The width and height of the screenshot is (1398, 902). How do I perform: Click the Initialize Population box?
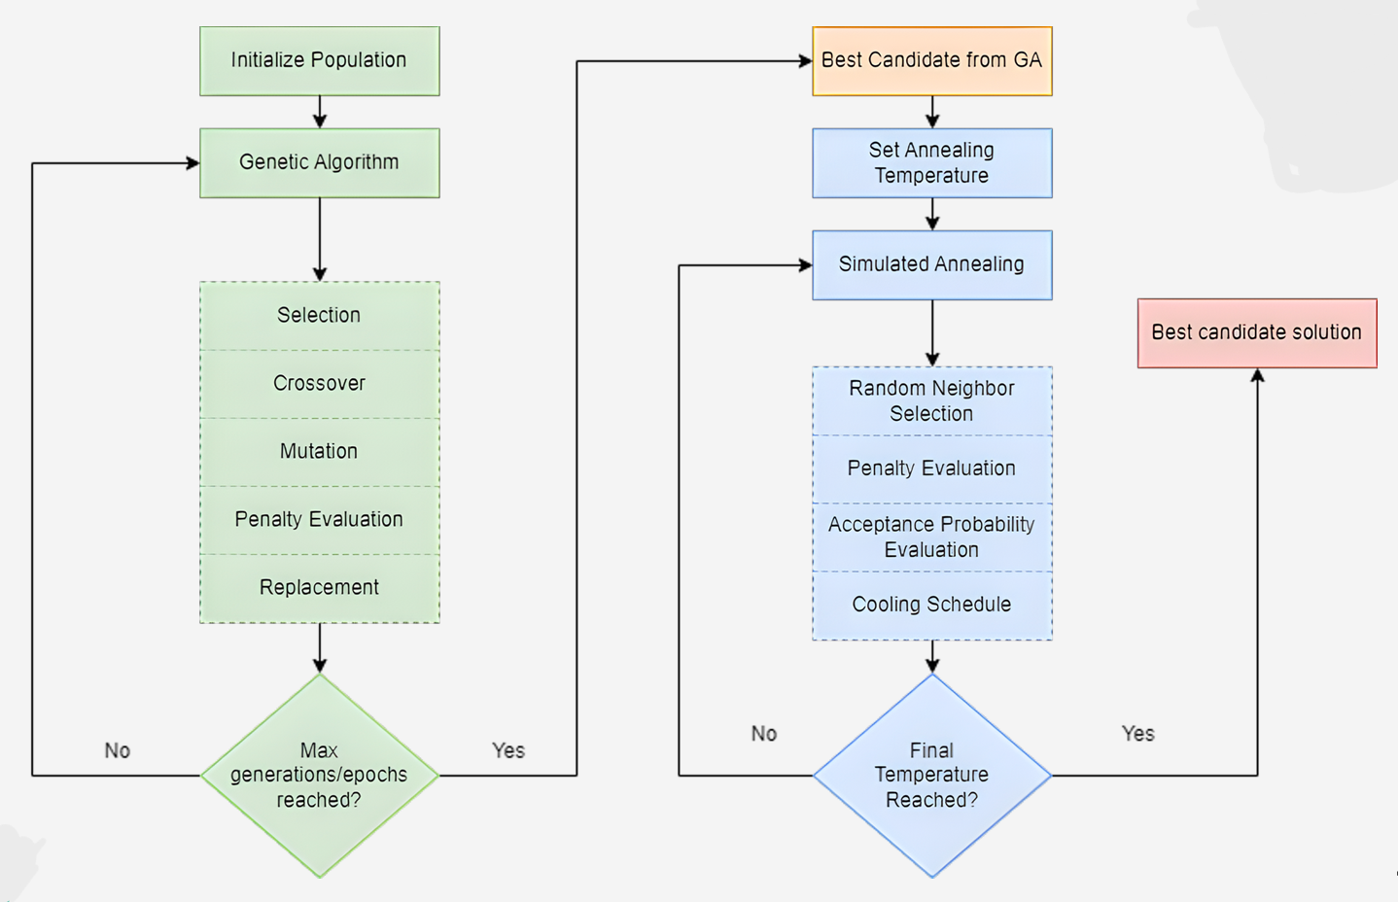coord(319,60)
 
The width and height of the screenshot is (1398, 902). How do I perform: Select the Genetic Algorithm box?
coord(319,162)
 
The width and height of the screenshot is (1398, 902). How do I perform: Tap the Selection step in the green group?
coord(319,315)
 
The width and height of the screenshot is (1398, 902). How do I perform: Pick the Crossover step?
coord(319,383)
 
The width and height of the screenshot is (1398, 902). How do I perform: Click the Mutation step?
coord(319,451)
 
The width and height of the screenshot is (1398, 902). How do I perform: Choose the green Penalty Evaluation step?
coord(319,519)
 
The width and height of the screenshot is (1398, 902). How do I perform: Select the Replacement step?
coord(319,587)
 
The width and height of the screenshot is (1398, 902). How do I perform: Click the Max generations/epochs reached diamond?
coord(319,775)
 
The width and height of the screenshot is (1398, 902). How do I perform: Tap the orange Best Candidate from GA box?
coord(931,60)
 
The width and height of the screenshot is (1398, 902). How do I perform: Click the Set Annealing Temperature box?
coord(931,162)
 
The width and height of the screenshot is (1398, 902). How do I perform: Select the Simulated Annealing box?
coord(931,264)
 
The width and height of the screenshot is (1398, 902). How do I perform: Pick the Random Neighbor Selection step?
coord(931,400)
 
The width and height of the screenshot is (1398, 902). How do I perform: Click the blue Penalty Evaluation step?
coord(931,468)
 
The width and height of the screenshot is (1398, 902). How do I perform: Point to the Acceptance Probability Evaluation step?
coord(931,537)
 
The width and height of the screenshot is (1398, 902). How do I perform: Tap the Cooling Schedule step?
coord(931,605)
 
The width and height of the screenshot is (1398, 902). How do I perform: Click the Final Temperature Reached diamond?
coord(931,775)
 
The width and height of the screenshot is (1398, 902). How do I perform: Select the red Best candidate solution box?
coord(1256,332)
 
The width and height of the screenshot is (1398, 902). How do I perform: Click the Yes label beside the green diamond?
coord(507,750)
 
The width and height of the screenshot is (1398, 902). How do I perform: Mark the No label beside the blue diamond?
coord(763,734)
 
